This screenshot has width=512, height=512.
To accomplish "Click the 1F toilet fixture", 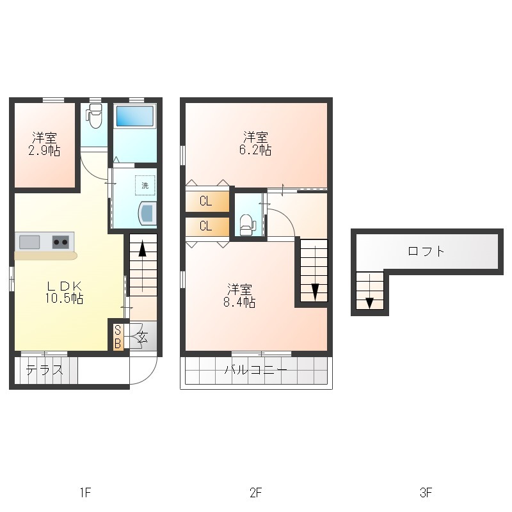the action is click(x=93, y=116).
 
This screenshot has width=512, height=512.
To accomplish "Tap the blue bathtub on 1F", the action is click(x=135, y=116).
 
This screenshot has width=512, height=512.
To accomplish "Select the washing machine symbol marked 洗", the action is click(x=145, y=186).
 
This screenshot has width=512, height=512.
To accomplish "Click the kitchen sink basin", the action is click(x=29, y=243).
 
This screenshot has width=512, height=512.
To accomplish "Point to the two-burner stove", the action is click(x=61, y=243).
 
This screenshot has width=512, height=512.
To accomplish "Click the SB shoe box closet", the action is click(x=118, y=337).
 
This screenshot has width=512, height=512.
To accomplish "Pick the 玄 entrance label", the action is click(x=142, y=337).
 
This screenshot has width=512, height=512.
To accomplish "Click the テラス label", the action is click(x=44, y=371).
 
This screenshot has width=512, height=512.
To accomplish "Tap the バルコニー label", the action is click(x=255, y=370).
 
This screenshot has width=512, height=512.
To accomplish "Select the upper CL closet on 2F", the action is click(x=207, y=201).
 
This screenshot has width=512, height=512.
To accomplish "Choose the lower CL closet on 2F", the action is click(x=207, y=226).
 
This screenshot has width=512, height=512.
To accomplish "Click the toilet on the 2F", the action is click(x=247, y=225).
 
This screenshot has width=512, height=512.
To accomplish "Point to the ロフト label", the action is click(x=426, y=252).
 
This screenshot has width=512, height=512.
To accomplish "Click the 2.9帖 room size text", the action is click(x=44, y=151).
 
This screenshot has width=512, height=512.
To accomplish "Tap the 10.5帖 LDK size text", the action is click(x=65, y=298).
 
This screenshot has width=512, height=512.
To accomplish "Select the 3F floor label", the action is click(x=426, y=492).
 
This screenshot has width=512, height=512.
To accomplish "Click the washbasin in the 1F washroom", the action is click(x=148, y=214).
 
